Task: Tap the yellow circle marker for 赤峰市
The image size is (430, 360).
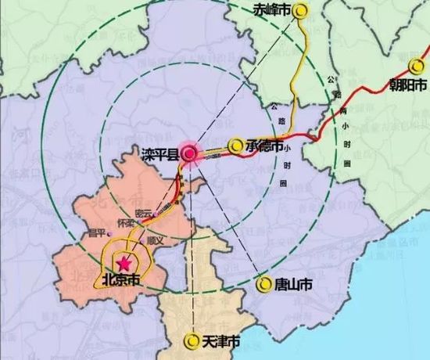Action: (302, 10)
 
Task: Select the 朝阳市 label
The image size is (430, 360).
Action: (409, 84)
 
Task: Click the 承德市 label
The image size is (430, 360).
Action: (265, 146)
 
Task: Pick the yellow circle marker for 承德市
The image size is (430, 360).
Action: (236, 145)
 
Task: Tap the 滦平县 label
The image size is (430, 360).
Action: (162, 153)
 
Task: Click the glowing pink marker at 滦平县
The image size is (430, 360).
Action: (190, 154)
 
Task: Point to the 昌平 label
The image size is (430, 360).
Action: (96, 232)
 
